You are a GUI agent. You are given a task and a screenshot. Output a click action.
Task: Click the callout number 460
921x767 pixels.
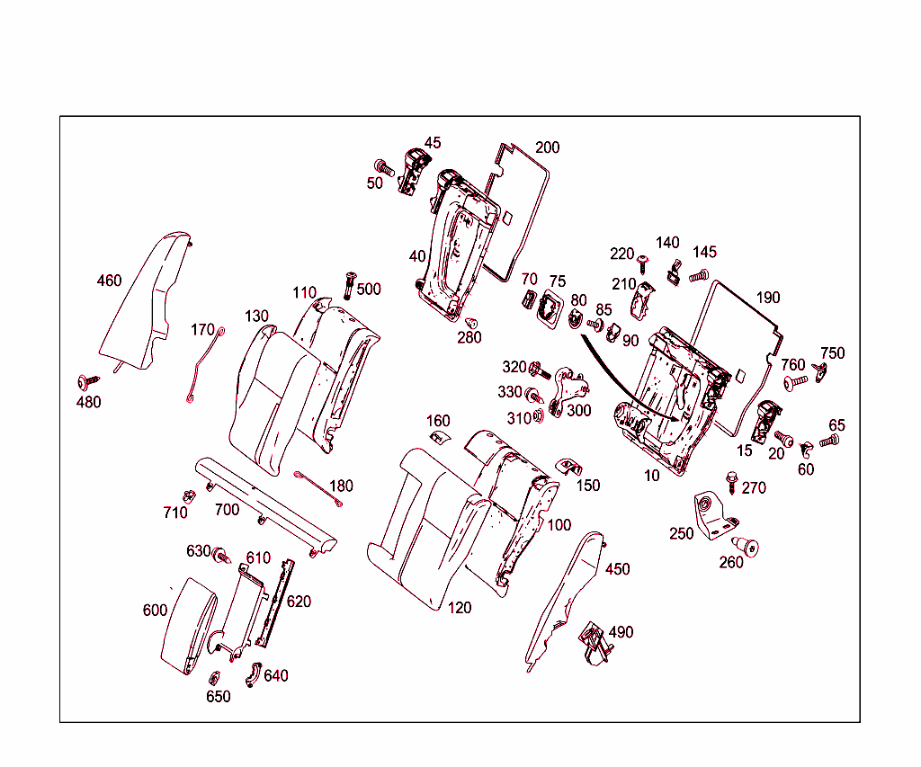[x=109, y=281]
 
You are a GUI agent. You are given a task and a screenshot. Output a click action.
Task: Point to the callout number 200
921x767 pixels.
[x=547, y=147]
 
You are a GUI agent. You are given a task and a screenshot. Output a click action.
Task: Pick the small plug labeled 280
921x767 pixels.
[x=470, y=323]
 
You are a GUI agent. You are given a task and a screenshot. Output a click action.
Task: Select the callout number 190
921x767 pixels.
[x=768, y=298]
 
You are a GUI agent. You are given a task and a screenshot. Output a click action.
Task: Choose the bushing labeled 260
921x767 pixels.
[x=745, y=545]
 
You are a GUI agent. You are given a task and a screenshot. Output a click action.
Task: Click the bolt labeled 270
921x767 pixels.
[x=731, y=482]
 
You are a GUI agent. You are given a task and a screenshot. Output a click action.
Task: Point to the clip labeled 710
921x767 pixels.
[x=189, y=496]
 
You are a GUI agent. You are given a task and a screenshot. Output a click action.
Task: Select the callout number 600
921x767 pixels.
[x=155, y=611]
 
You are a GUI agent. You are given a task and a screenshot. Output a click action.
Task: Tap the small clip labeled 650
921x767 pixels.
[x=215, y=678]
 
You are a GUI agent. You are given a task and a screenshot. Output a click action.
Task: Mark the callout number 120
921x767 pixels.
[x=459, y=608]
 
